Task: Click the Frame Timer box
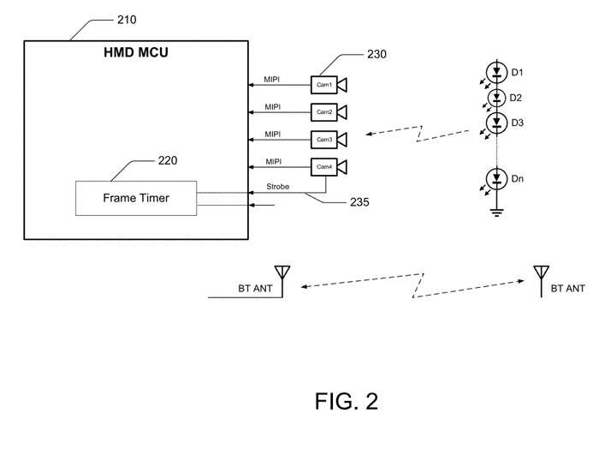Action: [x=136, y=198]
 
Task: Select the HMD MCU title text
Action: [x=135, y=54]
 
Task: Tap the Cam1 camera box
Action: [x=324, y=84]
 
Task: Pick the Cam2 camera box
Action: [x=324, y=111]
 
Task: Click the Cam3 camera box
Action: [x=324, y=139]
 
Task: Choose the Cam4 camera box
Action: [x=324, y=166]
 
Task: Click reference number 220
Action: [x=169, y=160]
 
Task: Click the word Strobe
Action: [x=276, y=186]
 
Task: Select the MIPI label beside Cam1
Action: [x=273, y=80]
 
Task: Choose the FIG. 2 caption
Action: [x=346, y=400]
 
